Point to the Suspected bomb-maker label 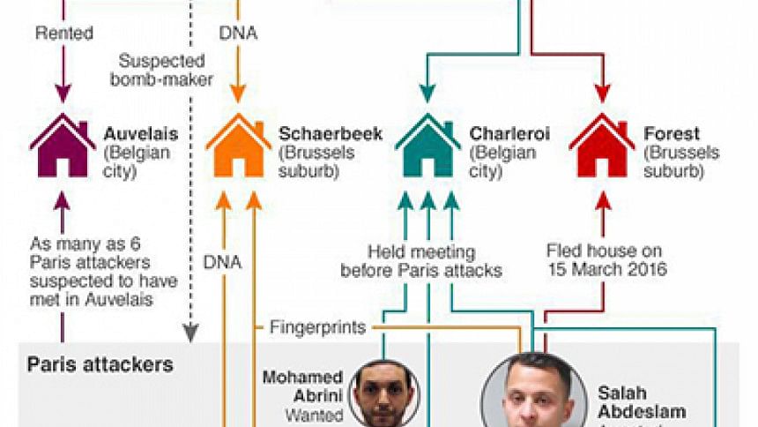tap(164, 71)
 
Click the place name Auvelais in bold tap(141, 134)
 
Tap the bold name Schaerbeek tap(331, 134)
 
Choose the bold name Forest tap(672, 134)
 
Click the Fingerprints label tap(316, 327)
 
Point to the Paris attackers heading tap(100, 363)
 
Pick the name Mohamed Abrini tap(302, 386)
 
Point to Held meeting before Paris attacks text tap(420, 261)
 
